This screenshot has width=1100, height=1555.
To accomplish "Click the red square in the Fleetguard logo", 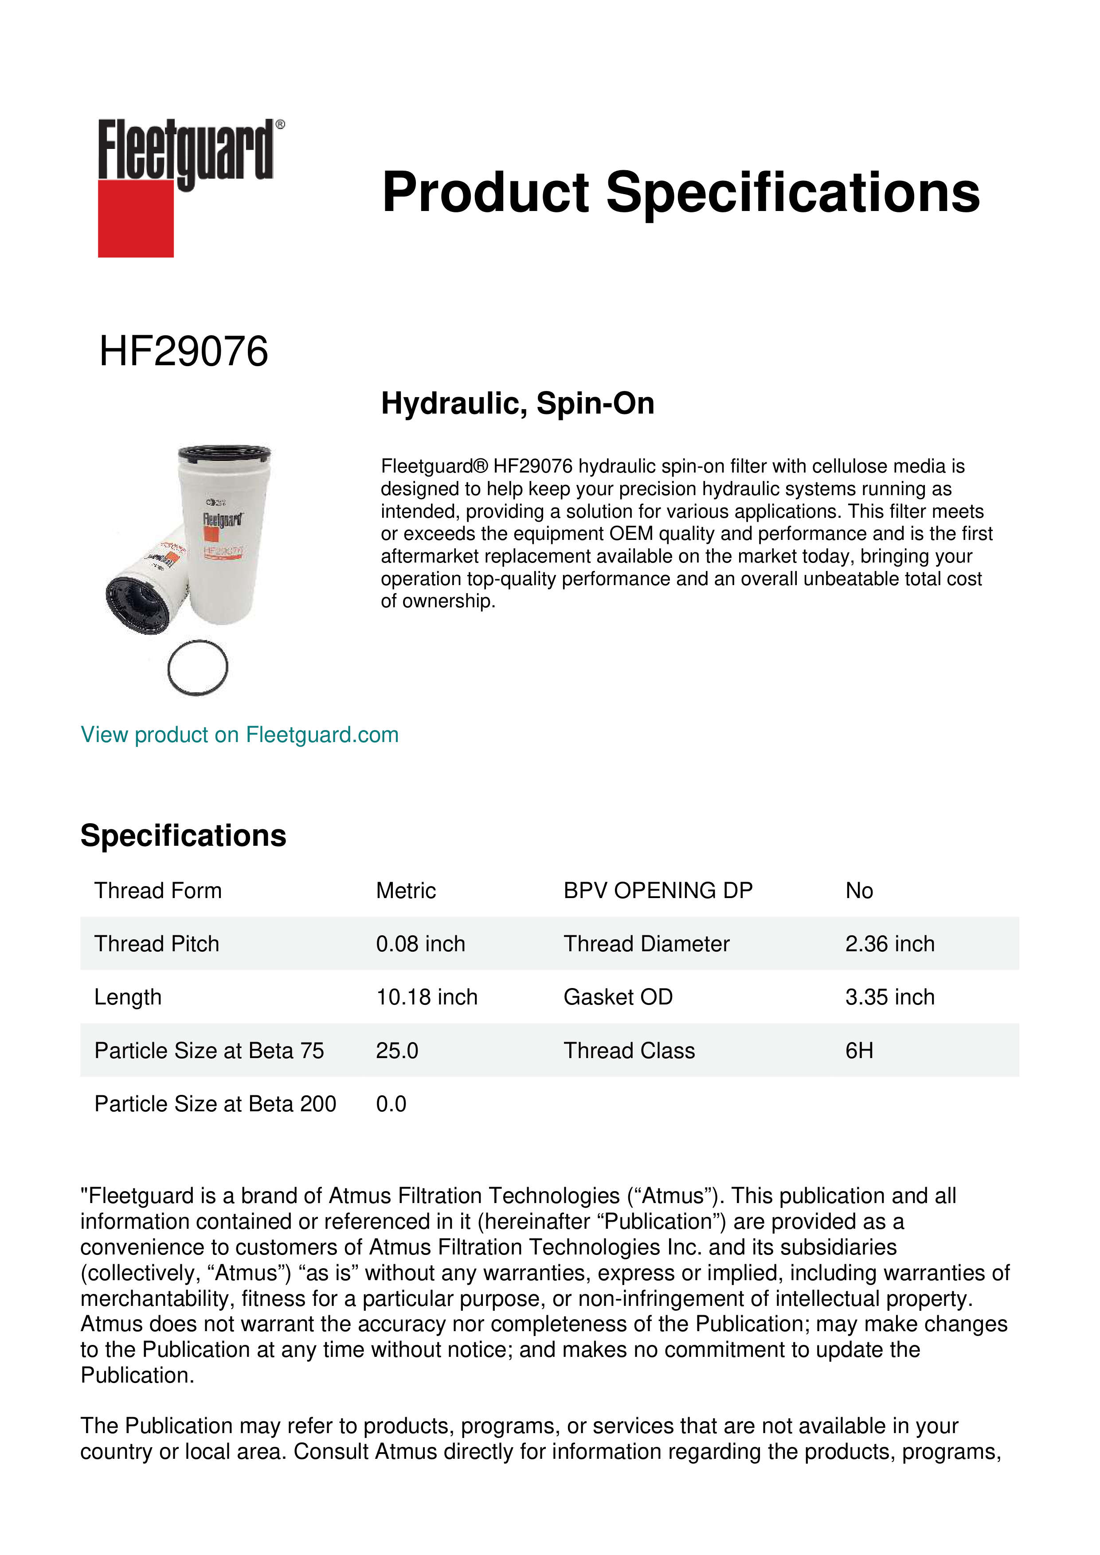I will point(136,218).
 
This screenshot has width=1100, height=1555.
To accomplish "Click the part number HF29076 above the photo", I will point(184,352).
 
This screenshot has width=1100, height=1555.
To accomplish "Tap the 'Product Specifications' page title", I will point(680,192).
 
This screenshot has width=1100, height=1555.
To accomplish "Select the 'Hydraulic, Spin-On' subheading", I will point(517,404).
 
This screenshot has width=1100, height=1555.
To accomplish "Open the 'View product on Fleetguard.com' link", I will point(239,735).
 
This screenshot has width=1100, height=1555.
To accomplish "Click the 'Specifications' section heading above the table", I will point(183,836).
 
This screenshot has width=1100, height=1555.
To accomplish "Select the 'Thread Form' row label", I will point(158,891).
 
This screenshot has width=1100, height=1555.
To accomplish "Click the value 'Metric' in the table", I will point(406,891).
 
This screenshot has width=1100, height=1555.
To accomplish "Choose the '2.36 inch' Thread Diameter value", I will point(889,944).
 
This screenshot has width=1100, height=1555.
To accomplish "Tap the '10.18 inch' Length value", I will point(427,998).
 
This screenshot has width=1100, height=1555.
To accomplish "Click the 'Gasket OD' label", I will point(618,998).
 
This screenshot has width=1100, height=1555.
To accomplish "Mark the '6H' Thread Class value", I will point(859,1051).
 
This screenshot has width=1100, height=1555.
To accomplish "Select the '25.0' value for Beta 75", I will point(397,1051).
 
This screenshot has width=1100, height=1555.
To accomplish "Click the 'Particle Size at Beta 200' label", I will point(215,1105).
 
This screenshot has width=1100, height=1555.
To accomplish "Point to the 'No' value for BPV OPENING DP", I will point(859,891).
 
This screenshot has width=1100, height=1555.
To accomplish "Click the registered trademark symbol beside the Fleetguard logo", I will point(280,125).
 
